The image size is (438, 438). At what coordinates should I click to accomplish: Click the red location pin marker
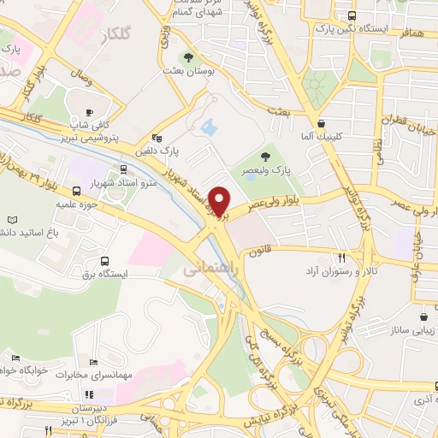click(221, 201)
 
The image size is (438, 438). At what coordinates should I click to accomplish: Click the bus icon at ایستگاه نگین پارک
click(351, 16)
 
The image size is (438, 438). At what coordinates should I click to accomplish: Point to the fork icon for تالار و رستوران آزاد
click(341, 257)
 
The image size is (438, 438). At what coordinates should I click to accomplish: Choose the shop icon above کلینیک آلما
click(321, 123)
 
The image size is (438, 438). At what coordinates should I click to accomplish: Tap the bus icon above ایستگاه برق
click(104, 261)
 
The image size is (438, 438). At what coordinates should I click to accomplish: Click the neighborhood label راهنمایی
click(204, 269)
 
